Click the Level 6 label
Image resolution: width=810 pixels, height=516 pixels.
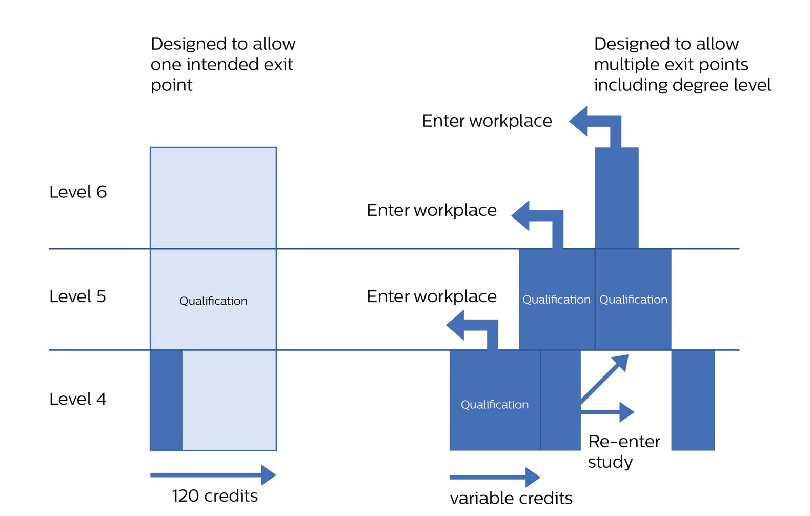point(78,192)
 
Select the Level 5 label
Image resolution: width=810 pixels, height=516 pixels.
point(77,296)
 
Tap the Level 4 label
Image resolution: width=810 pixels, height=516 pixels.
point(77,399)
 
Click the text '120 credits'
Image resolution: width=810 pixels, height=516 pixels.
point(215,496)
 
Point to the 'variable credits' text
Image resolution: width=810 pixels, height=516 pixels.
point(511,498)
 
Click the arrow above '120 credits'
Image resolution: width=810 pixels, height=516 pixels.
point(213,475)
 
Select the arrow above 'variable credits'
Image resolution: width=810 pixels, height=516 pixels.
point(495,477)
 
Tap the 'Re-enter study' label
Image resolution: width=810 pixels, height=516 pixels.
point(624,451)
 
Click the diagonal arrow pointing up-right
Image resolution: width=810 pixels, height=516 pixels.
point(605,379)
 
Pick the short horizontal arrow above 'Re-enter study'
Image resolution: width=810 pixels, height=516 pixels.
point(608,411)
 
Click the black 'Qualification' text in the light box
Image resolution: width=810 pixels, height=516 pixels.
point(213,301)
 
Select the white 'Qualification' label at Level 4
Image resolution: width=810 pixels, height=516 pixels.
point(495,405)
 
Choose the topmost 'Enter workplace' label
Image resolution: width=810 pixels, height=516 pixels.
point(487,121)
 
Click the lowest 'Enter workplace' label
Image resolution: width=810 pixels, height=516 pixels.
point(432,296)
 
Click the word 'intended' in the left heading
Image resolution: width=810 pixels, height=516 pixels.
point(222,65)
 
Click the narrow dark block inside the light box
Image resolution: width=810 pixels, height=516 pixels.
point(166,400)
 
